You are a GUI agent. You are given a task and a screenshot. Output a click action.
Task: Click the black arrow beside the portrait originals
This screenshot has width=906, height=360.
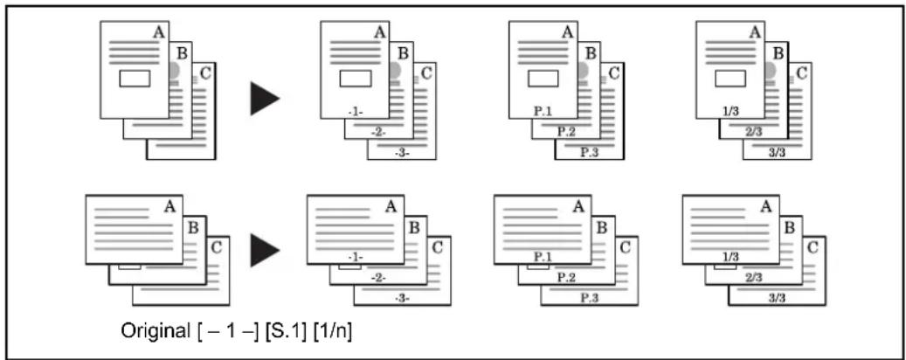266,98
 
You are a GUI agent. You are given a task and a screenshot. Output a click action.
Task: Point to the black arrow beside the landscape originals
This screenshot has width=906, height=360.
266,250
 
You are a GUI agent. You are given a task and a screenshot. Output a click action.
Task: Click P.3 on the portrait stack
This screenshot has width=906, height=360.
590,153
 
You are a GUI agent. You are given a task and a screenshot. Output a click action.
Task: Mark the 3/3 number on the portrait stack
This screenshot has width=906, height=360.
778,153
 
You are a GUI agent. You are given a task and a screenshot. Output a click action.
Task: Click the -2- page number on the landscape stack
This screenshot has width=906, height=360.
378,278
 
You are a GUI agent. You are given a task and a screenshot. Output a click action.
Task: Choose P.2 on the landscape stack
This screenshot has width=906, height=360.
566,278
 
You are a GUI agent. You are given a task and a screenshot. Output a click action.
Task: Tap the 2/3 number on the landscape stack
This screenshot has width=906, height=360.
753,278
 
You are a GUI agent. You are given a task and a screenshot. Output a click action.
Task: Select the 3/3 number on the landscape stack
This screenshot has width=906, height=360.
778,299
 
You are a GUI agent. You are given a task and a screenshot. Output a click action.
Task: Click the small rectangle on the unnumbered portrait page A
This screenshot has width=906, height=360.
135,79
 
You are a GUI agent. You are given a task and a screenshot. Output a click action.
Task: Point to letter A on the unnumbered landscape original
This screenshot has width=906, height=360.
169,206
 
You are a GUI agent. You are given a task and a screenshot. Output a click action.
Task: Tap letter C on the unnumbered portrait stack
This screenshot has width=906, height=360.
205,73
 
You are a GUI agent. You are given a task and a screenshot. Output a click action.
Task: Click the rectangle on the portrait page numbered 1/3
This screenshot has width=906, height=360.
730,79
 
